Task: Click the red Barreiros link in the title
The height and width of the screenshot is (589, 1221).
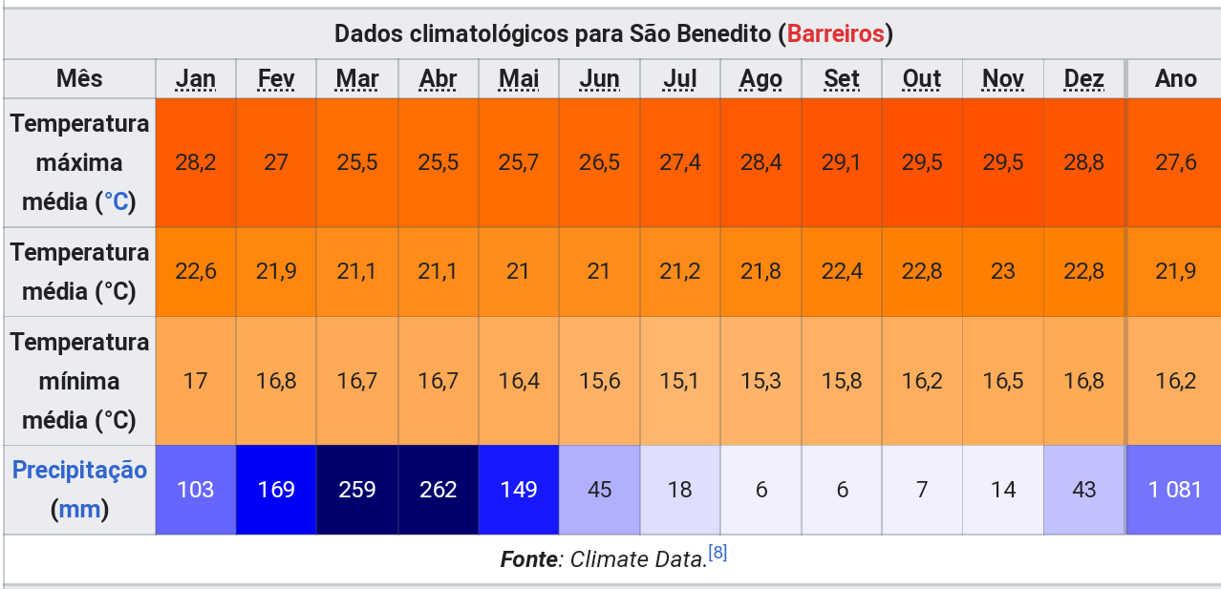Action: click(835, 34)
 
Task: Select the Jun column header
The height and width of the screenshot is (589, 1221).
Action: click(599, 79)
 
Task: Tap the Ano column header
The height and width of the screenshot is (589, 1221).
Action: click(1175, 79)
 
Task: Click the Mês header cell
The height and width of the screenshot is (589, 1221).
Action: click(79, 79)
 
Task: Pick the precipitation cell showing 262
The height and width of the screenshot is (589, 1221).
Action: click(438, 490)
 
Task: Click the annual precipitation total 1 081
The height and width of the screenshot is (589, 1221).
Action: click(1175, 490)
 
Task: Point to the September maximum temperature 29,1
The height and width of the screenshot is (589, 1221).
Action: click(841, 162)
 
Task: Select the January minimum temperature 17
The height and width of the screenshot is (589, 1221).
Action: click(195, 381)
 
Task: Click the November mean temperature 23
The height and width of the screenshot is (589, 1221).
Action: click(1002, 271)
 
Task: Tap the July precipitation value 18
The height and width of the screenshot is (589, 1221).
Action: click(679, 490)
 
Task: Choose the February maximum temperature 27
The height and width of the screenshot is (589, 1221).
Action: click(276, 162)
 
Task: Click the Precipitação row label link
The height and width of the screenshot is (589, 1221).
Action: click(79, 471)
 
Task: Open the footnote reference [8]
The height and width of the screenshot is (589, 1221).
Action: click(718, 554)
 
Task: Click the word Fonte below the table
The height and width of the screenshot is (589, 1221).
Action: click(528, 559)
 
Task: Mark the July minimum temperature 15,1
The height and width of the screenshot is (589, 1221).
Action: click(679, 381)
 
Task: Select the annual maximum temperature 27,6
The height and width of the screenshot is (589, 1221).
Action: click(1175, 162)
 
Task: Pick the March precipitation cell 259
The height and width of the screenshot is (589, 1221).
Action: click(357, 490)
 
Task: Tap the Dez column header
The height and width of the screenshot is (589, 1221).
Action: click(1083, 79)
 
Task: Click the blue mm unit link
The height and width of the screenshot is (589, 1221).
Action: click(79, 510)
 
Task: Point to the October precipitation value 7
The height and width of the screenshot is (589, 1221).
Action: click(922, 490)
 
